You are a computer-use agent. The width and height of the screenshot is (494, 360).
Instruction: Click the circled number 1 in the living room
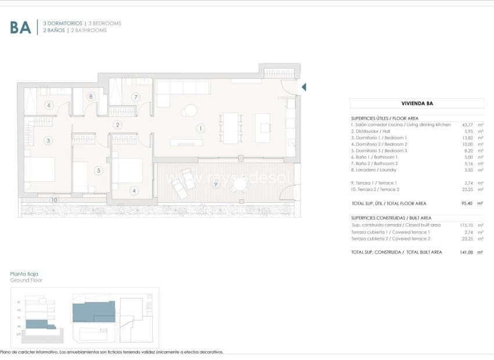point(200,128)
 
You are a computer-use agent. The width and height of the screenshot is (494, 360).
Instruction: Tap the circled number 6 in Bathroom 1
point(49,105)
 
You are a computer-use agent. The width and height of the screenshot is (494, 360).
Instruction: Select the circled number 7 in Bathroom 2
point(135,97)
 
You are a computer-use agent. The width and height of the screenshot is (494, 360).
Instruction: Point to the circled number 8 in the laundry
point(91,97)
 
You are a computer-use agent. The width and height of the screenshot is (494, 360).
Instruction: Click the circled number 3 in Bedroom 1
point(49,140)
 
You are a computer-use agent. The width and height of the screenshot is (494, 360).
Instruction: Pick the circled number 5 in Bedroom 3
point(99,171)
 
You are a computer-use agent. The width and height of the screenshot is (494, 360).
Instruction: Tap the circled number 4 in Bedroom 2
point(134,190)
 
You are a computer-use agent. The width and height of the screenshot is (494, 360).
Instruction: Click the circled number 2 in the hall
point(117,125)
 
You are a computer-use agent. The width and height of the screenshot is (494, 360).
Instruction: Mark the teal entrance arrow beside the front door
point(303,87)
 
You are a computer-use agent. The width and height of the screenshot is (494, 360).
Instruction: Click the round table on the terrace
point(239,185)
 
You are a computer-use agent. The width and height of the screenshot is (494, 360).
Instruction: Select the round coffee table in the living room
point(190,110)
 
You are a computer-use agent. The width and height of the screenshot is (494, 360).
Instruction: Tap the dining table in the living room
point(231,128)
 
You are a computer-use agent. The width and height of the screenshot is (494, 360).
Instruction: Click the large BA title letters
point(20,27)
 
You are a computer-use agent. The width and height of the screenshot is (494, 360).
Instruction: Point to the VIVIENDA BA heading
point(417,103)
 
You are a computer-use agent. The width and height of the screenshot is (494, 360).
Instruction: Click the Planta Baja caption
point(24,273)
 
